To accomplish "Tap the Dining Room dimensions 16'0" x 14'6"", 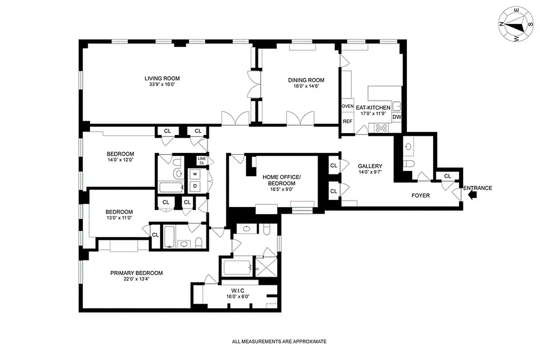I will click(306, 86).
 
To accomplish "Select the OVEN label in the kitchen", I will click(348, 106).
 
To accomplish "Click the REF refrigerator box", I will click(347, 121).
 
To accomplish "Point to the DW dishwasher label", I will click(396, 117).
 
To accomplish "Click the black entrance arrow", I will click(472, 195).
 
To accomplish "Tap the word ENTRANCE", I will click(477, 188).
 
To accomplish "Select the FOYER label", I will click(421, 195).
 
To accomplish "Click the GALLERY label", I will click(370, 166).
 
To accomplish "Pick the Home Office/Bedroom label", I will click(279, 180).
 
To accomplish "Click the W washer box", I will click(195, 174).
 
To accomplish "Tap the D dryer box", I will click(195, 185).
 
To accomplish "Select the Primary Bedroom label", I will click(136, 273).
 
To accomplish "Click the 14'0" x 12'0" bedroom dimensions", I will click(120, 159).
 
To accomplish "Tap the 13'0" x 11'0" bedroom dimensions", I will click(119, 218).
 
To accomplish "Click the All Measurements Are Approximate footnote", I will click(279, 342).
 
